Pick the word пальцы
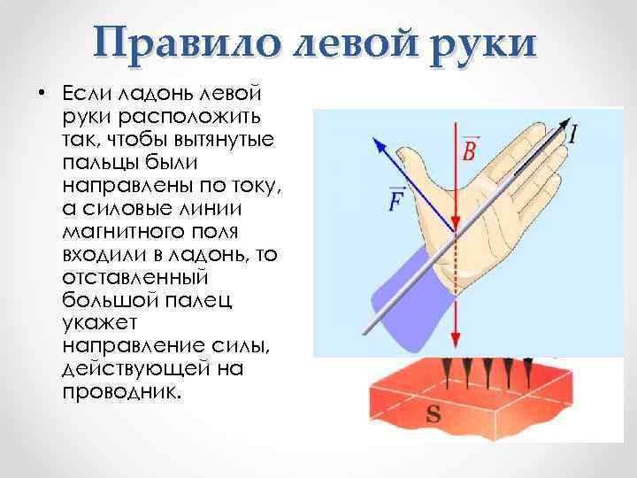[96, 164]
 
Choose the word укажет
[96, 325]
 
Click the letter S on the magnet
[434, 412]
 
